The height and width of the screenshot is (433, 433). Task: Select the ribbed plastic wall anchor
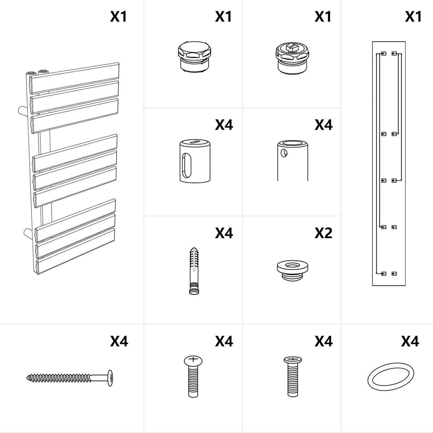click(194, 271)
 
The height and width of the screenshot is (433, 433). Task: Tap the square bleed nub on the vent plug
click(292, 46)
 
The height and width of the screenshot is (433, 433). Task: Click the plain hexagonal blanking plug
click(194, 57)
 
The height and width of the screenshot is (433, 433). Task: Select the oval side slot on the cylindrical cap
click(187, 166)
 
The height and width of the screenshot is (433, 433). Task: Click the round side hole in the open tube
click(284, 153)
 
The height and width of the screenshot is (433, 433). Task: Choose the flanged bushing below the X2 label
click(292, 271)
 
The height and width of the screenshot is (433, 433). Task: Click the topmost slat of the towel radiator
click(75, 78)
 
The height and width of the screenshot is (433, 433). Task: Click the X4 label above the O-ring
click(410, 341)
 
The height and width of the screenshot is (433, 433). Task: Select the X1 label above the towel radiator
click(118, 16)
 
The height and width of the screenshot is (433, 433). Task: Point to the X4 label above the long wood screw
click(119, 341)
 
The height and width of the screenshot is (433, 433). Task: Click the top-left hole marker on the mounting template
click(384, 53)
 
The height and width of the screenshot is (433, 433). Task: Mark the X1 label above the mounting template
click(413, 16)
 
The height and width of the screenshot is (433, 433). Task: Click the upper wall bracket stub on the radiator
click(22, 111)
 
